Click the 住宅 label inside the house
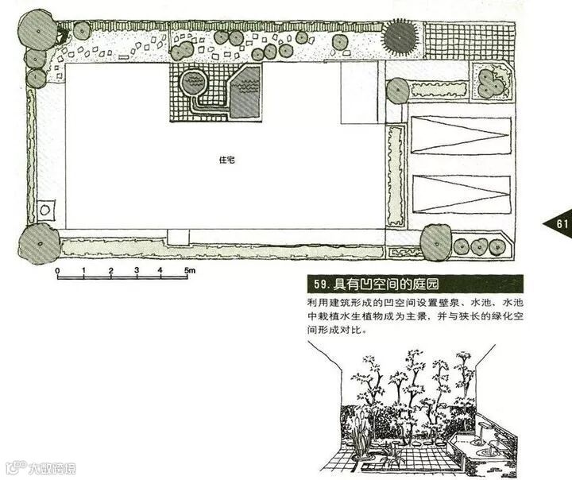click(x=226, y=160)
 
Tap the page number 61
click(x=562, y=224)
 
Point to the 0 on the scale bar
click(x=58, y=272)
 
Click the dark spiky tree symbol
click(x=400, y=37)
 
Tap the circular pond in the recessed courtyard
click(x=193, y=82)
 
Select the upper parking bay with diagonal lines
click(x=461, y=134)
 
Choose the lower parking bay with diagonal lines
click(x=461, y=192)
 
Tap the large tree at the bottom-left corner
click(x=38, y=243)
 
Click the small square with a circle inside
click(x=44, y=209)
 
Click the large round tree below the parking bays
click(x=435, y=242)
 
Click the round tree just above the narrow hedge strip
click(x=398, y=91)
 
